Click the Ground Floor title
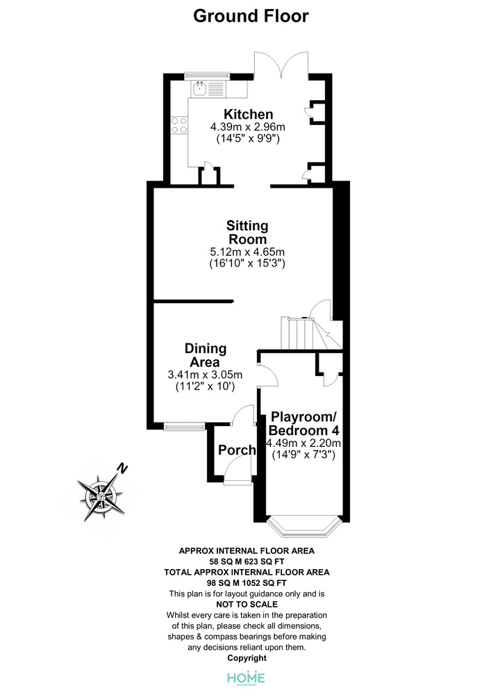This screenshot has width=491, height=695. tap(251, 16)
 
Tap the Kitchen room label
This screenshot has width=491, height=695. tap(248, 114)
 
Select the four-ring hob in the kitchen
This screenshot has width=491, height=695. tap(179, 125)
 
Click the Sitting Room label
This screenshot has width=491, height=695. tap(247, 232)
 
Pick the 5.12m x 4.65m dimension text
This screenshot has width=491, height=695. tap(247, 252)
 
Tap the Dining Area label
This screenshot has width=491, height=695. tap(206, 355)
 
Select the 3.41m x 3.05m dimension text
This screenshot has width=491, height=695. tap(205, 375)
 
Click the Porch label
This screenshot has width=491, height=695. tap(237, 450)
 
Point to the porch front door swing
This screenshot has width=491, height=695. tap(238, 470)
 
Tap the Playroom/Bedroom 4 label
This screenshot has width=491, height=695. tap(303, 423)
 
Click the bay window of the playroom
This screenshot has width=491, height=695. tap(304, 527)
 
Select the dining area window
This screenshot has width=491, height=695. tap(184, 427)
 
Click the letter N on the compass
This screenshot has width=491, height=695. tap(122, 468)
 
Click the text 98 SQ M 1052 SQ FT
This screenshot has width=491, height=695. tap(247, 583)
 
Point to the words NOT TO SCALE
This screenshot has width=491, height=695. tap(247, 604)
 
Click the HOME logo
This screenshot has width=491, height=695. tap(246, 678)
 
